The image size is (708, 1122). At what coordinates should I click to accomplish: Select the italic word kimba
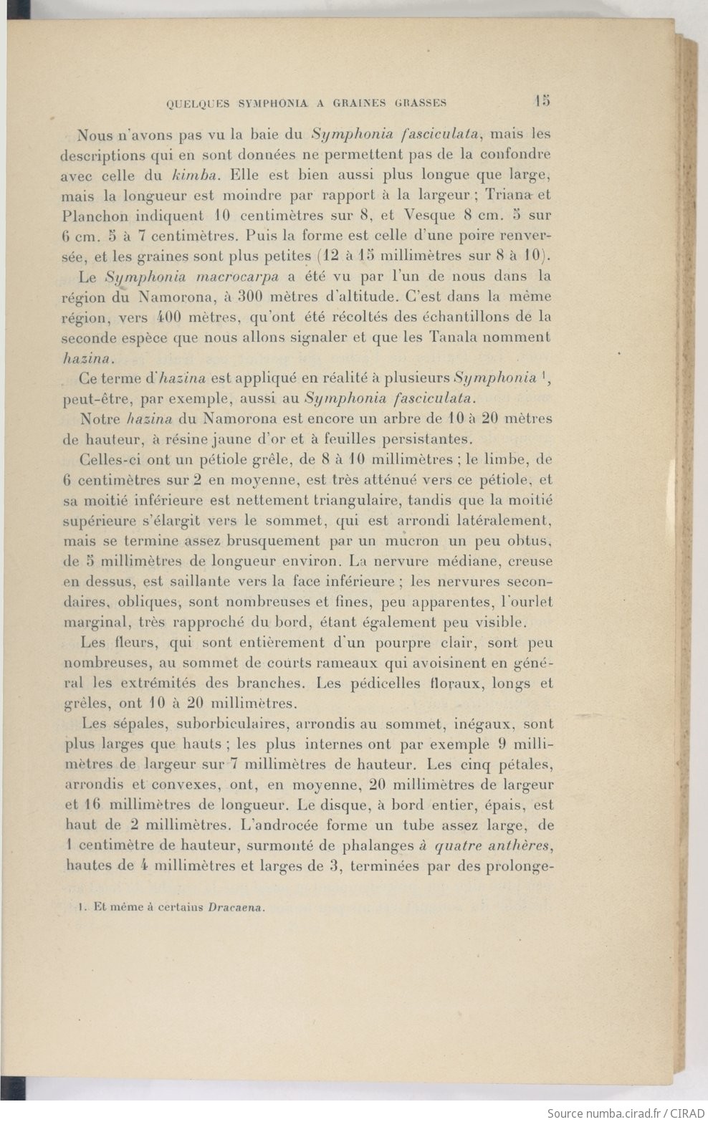pos(198,174)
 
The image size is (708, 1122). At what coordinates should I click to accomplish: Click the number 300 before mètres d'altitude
pos(253,297)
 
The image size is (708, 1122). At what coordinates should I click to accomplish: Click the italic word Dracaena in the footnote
pos(236,907)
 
